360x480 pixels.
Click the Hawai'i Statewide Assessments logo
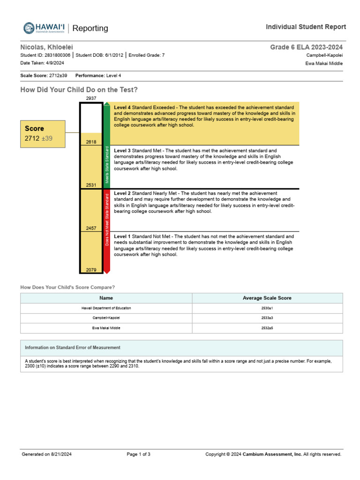click(x=44, y=28)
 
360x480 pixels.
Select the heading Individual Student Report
click(x=306, y=27)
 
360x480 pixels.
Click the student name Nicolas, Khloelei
click(x=46, y=47)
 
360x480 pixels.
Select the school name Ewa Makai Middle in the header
click(x=324, y=63)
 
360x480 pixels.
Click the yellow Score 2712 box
click(x=45, y=134)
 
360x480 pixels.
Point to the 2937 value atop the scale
click(x=91, y=98)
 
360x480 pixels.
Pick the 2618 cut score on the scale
click(x=91, y=142)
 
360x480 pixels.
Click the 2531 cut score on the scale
click(x=91, y=185)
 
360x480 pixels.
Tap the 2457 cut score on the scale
click(x=91, y=228)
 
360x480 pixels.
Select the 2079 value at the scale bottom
click(x=91, y=270)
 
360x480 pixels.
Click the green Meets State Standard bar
click(x=107, y=145)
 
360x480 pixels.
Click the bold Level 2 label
click(x=122, y=193)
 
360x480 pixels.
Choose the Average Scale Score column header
click(x=267, y=298)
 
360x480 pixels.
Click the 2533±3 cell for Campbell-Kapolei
click(x=267, y=318)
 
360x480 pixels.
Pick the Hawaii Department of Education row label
click(x=106, y=308)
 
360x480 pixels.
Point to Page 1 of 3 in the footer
click(x=138, y=454)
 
